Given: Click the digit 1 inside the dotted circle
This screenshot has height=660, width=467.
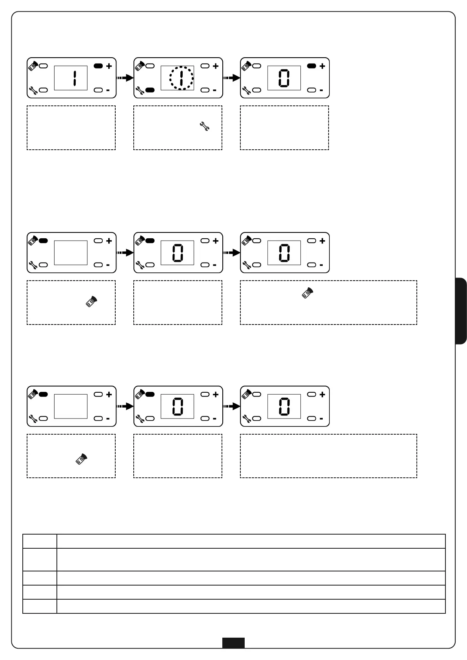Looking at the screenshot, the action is click(x=181, y=78).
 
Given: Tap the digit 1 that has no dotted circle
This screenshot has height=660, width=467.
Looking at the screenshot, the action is click(x=74, y=78).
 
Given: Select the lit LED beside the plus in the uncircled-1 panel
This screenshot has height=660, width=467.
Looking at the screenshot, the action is click(x=98, y=66).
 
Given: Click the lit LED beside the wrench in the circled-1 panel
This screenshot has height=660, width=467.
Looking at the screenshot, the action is click(x=150, y=90).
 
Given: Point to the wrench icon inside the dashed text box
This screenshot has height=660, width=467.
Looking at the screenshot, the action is click(x=204, y=126).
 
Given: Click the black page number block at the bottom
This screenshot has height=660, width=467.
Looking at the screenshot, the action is click(x=233, y=643).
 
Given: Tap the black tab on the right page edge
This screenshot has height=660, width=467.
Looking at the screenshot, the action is click(x=461, y=311).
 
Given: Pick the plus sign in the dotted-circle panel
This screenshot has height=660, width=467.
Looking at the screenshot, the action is click(x=216, y=66).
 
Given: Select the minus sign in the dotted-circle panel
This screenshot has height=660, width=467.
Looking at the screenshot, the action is click(x=214, y=90).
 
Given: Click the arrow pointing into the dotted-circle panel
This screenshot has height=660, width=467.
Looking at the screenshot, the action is click(x=125, y=78).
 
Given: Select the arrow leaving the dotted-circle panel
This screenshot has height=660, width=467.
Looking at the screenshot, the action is click(x=232, y=78).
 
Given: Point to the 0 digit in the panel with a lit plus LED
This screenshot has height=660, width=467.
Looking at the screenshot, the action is click(x=284, y=78).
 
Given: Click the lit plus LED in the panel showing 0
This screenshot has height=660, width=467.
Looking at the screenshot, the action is click(x=311, y=66).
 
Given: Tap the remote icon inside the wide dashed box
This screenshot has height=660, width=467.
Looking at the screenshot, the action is click(x=308, y=293).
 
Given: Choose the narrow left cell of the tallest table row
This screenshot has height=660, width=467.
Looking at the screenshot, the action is click(x=40, y=559).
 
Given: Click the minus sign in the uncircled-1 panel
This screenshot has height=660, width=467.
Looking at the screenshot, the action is click(x=108, y=90).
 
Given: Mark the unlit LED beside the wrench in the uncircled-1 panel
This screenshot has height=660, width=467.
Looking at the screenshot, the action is click(x=43, y=90).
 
